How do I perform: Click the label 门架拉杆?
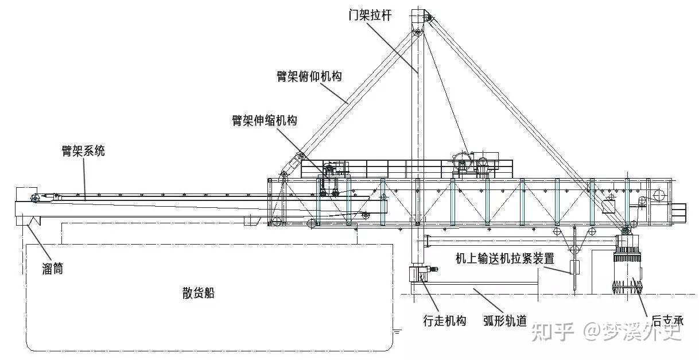point(371,16)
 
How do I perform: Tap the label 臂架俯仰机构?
point(309,77)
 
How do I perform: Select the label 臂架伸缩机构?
point(264,121)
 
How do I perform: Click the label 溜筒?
point(52,268)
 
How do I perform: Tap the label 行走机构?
point(444,320)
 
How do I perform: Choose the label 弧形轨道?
point(505,320)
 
